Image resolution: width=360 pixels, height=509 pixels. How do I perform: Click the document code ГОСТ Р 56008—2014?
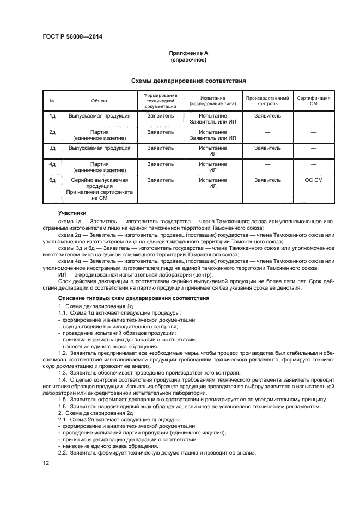tap(72, 36)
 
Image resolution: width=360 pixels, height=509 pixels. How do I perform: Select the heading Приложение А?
tap(188, 53)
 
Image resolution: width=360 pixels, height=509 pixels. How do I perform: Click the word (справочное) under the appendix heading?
tap(188, 60)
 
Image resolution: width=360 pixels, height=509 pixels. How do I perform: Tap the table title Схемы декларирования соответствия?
tap(188, 80)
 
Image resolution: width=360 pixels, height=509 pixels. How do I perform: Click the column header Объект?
tap(99, 101)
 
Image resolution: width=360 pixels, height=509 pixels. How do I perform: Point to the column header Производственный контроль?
tap(267, 101)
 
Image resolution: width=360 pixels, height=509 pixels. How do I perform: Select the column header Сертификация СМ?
tap(313, 101)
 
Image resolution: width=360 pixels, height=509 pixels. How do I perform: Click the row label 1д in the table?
tap(53, 116)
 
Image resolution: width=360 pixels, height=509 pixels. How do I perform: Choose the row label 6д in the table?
tap(53, 180)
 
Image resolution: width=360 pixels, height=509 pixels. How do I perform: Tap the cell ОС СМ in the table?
tap(313, 180)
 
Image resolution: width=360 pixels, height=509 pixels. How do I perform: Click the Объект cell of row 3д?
tap(99, 148)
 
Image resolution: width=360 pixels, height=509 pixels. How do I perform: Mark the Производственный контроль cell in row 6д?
tap(267, 180)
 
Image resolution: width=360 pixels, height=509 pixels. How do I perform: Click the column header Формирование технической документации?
tap(161, 101)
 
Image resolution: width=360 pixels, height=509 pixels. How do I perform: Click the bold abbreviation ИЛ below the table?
tap(62, 275)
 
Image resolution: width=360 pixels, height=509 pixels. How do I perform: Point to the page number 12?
tap(46, 463)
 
